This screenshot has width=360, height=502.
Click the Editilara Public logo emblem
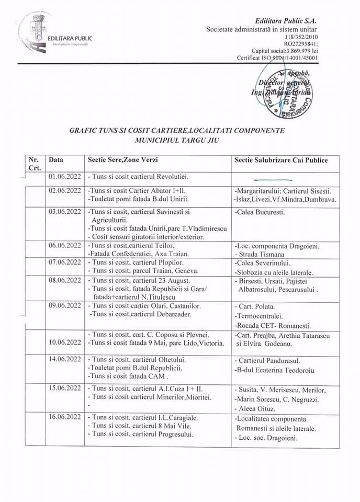(37, 33)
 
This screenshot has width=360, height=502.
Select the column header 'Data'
(56, 160)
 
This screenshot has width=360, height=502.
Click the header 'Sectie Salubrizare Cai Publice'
(281, 160)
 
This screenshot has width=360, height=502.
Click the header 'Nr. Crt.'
(33, 164)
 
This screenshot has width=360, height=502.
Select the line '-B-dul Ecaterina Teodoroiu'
(277, 371)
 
